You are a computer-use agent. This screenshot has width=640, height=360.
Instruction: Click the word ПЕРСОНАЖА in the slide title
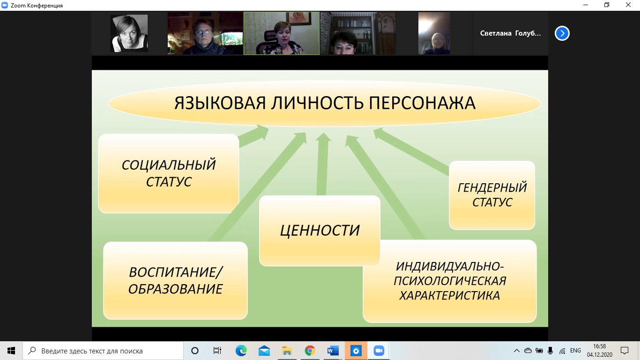pyautogui.click(x=422, y=103)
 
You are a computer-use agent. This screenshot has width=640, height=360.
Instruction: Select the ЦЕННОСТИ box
pyautogui.click(x=320, y=231)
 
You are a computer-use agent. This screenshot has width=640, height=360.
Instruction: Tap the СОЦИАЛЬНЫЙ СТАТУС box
pyautogui.click(x=169, y=173)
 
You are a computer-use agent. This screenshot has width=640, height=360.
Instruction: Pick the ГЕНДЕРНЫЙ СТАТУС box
pyautogui.click(x=492, y=195)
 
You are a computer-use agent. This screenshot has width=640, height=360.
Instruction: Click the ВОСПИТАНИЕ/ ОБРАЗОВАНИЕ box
pyautogui.click(x=175, y=280)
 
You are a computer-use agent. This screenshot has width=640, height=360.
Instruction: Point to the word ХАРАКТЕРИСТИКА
pyautogui.click(x=449, y=296)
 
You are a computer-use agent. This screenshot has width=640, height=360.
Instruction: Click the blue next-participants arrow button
pyautogui.click(x=562, y=33)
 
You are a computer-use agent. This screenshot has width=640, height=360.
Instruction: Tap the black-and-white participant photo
pyautogui.click(x=129, y=33)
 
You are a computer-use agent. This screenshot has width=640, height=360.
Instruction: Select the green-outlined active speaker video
pyautogui.click(x=282, y=33)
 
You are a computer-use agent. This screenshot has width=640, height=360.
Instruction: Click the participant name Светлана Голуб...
pyautogui.click(x=510, y=33)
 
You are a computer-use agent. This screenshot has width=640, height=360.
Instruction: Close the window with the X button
pyautogui.click(x=628, y=5)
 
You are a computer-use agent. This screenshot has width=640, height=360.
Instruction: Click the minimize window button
pyautogui.click(x=586, y=5)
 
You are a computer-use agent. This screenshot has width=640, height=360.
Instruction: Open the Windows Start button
pyautogui.click(x=11, y=351)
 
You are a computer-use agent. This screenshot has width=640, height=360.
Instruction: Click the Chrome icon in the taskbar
pyautogui.click(x=310, y=351)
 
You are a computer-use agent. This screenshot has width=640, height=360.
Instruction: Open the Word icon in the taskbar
pyautogui.click(x=333, y=351)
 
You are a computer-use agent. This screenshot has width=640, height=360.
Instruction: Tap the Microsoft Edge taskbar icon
pyautogui.click(x=241, y=351)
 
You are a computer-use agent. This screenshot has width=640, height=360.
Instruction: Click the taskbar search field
pyautogui.click(x=103, y=351)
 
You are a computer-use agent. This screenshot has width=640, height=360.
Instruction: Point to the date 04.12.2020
pyautogui.click(x=599, y=355)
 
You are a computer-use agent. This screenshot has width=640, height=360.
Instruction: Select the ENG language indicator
pyautogui.click(x=575, y=351)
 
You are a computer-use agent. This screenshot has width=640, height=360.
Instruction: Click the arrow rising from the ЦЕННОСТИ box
pyautogui.click(x=322, y=164)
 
